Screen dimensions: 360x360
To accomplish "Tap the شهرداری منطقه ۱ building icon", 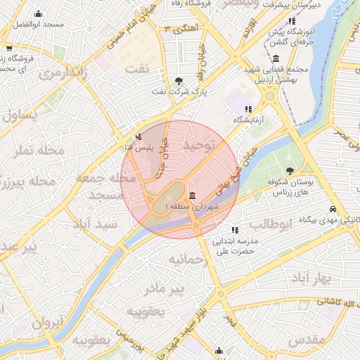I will [x=192, y=195].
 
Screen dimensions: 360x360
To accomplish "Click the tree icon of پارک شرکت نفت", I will [x=179, y=80].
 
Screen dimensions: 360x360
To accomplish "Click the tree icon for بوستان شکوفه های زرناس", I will [x=290, y=171].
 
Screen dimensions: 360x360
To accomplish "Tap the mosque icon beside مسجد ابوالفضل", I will [x=38, y=13].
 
